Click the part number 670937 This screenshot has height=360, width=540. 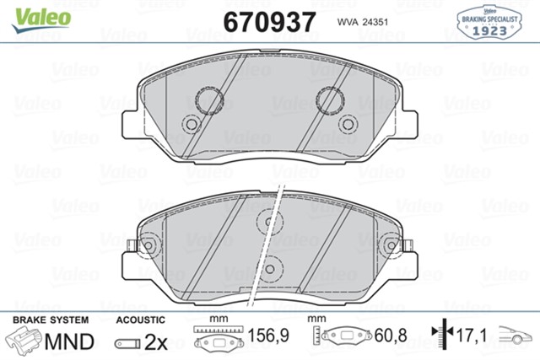(x=269, y=22)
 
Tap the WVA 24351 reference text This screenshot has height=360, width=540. (x=363, y=22)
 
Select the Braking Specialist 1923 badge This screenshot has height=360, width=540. (x=489, y=22)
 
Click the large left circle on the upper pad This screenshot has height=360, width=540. (x=209, y=100)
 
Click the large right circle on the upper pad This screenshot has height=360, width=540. (x=330, y=100)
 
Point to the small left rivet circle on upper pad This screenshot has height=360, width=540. (x=192, y=124)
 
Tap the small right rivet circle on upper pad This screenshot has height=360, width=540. (x=348, y=124)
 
